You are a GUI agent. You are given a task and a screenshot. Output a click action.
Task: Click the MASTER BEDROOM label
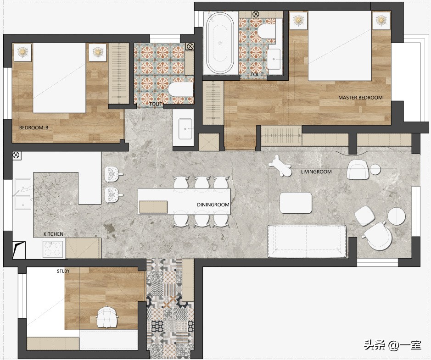click(360, 98)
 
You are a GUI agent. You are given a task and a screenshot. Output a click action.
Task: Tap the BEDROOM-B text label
click(34, 127)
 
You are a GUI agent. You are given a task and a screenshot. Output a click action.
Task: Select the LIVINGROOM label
click(316, 172)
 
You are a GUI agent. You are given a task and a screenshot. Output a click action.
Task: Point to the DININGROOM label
click(213, 205)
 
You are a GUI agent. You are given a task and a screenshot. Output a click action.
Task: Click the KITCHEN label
click(54, 234)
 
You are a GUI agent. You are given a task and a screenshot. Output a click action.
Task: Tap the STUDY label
click(63, 271)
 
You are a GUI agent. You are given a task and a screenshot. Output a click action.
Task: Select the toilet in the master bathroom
click(267, 31)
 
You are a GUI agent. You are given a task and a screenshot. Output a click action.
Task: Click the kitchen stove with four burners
click(54, 249)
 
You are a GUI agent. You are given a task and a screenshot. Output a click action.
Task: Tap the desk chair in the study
click(107, 317)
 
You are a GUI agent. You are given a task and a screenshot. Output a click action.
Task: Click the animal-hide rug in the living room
click(280, 166)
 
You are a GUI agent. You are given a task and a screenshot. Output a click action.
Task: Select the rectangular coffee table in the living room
click(296, 203)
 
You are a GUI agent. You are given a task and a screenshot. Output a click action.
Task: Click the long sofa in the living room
click(307, 241)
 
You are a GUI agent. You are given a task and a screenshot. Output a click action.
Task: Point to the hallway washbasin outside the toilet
click(185, 129)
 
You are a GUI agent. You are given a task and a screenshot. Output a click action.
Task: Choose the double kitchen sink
click(23, 194)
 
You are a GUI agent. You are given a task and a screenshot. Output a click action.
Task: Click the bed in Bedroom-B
click(59, 78)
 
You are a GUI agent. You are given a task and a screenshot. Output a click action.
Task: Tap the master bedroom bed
click(340, 46)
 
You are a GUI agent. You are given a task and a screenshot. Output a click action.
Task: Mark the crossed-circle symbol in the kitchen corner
click(16, 155)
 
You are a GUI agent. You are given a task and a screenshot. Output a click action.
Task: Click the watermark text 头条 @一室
click(392, 345)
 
